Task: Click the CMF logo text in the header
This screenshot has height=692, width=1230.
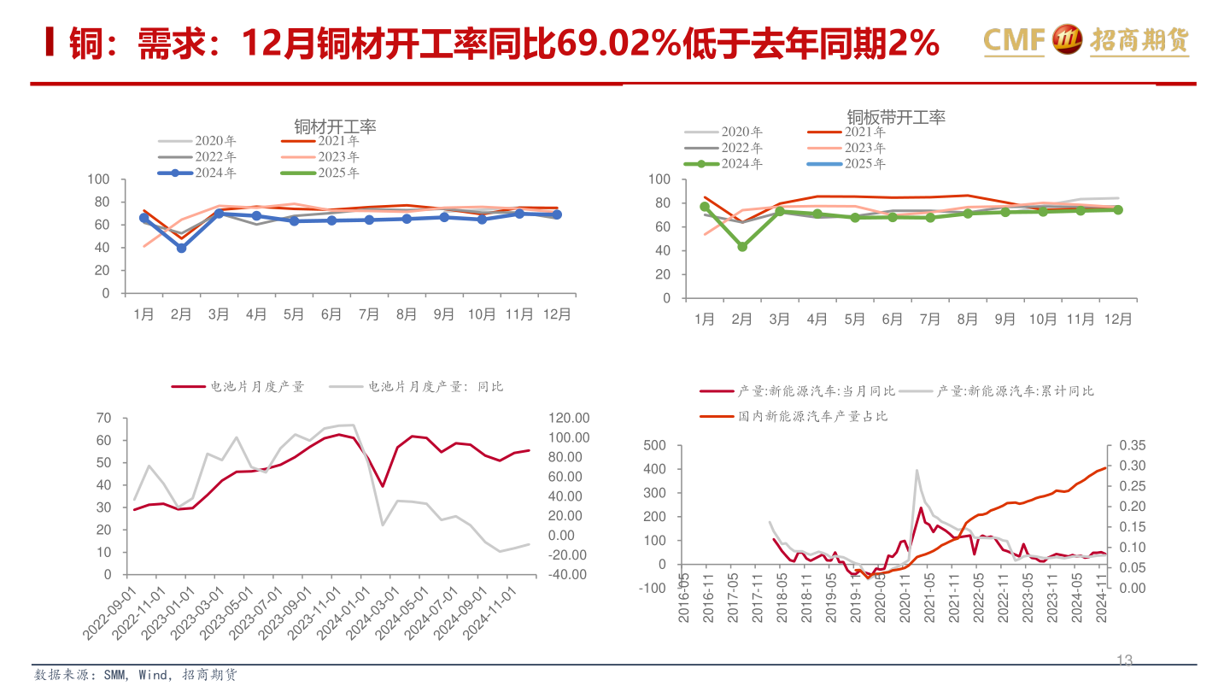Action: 1014,39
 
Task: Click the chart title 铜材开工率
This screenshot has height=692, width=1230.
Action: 335,126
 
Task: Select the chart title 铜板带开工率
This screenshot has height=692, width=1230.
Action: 896,117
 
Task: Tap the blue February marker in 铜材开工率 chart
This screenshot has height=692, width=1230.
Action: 181,248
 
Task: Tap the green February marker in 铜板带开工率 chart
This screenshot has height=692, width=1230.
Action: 742,246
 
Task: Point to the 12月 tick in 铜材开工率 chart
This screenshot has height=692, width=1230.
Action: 557,314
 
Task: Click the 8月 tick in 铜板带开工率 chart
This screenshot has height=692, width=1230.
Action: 967,320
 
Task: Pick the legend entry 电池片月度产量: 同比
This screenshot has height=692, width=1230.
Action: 436,386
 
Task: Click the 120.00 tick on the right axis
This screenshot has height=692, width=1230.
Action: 568,418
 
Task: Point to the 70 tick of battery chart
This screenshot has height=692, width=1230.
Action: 104,418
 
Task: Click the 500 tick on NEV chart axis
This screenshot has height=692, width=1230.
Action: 651,445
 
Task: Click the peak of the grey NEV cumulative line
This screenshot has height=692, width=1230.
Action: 917,470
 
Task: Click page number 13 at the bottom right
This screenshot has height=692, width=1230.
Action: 1124,660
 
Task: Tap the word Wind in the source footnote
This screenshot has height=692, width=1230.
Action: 154,675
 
